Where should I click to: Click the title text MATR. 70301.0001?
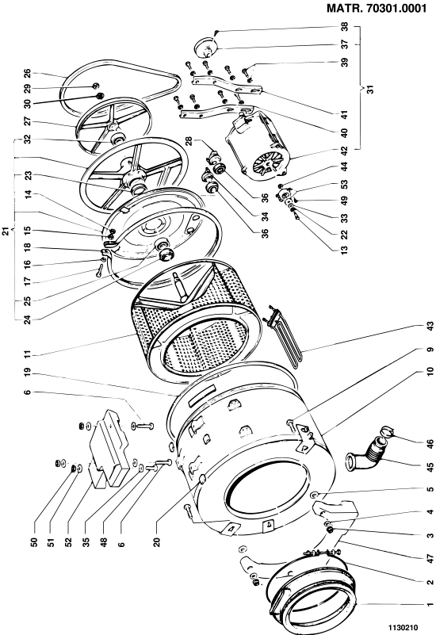click(x=377, y=8)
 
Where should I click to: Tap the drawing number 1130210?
click(x=403, y=627)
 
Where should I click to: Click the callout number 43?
click(x=430, y=327)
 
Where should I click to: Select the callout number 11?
click(x=28, y=354)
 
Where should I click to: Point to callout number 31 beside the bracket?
click(x=370, y=88)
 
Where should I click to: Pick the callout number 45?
click(x=430, y=468)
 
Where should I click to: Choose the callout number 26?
click(x=27, y=73)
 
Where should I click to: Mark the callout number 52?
click(x=68, y=542)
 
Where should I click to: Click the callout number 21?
click(x=6, y=231)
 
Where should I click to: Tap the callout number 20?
click(x=157, y=542)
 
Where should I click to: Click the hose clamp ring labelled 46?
click(x=388, y=431)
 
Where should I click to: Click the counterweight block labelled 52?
click(x=109, y=449)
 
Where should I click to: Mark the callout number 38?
click(x=345, y=27)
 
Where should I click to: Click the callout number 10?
click(x=430, y=371)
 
